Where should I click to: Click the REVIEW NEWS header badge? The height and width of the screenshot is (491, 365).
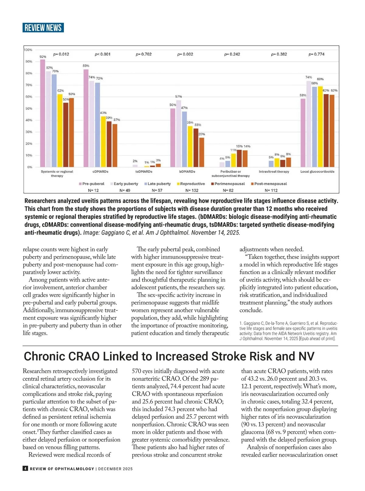click(43, 28)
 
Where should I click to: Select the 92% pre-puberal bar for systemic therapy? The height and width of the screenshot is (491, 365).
click(43, 113)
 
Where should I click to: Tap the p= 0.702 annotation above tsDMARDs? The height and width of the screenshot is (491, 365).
click(144, 54)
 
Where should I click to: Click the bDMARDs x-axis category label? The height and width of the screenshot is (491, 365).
click(187, 172)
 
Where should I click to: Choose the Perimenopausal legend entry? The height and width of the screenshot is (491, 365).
click(230, 184)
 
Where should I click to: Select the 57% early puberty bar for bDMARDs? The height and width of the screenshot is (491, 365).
click(179, 134)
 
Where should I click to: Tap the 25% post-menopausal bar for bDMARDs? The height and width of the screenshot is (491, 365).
click(202, 152)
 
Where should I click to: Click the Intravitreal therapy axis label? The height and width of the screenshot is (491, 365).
click(274, 172)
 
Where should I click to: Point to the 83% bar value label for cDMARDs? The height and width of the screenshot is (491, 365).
click(86, 66)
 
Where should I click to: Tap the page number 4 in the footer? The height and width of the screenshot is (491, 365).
click(25, 468)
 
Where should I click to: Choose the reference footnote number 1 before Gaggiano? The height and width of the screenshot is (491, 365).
click(241, 323)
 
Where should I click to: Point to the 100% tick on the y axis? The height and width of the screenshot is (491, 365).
click(28, 50)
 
